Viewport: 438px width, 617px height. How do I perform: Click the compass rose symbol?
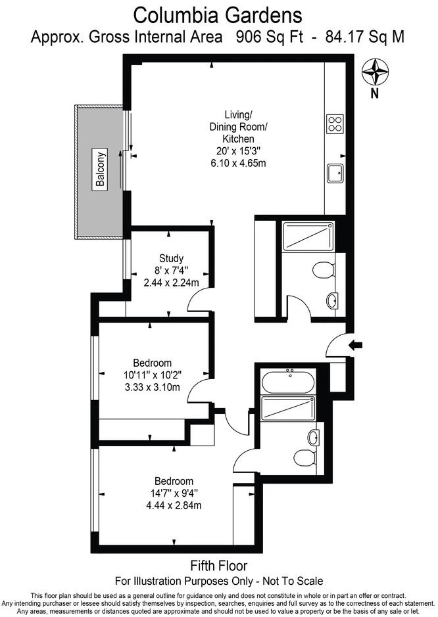(376, 72)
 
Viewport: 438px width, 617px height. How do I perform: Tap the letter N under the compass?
(375, 94)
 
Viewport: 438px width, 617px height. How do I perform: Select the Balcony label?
(101, 170)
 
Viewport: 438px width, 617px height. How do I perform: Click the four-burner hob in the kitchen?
(335, 124)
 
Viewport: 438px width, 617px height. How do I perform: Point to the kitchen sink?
(335, 173)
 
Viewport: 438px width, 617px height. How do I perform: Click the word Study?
(172, 258)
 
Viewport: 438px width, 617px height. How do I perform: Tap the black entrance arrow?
(356, 346)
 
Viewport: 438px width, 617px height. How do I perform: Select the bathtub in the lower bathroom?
(288, 380)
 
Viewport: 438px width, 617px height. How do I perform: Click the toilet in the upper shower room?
(324, 270)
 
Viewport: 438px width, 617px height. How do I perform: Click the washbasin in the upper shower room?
(332, 302)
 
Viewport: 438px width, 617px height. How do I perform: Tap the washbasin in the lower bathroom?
(314, 438)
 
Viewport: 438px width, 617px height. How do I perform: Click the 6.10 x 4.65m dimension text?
(238, 163)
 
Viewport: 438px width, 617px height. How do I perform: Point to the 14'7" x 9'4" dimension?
(174, 493)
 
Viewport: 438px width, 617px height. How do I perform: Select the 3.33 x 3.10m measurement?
(153, 387)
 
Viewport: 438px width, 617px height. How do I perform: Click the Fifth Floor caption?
(219, 566)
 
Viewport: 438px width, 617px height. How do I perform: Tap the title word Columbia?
(176, 16)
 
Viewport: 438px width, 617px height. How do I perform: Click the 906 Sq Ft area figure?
(270, 37)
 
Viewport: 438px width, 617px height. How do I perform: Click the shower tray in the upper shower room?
(308, 237)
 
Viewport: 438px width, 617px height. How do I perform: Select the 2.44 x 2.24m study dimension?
(172, 283)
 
